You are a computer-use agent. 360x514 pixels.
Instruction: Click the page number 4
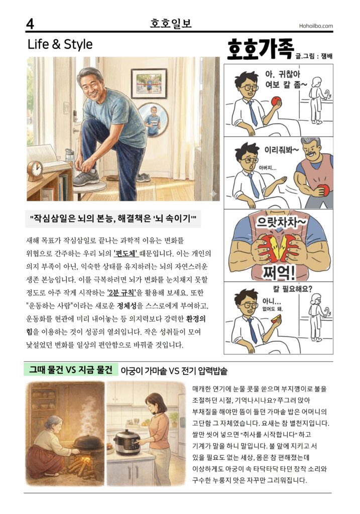click(x=30, y=24)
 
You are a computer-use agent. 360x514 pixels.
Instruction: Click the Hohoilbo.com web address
click(x=316, y=26)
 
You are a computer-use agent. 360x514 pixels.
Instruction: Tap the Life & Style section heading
click(x=60, y=44)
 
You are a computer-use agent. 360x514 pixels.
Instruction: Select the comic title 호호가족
click(x=260, y=50)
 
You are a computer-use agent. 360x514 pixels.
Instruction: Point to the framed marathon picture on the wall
click(x=149, y=84)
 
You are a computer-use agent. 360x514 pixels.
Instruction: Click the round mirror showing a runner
click(x=153, y=119)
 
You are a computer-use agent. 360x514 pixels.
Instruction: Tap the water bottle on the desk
click(x=69, y=156)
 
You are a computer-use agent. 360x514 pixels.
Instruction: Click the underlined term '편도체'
click(x=126, y=253)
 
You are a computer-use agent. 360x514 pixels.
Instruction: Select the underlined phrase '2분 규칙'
click(x=121, y=293)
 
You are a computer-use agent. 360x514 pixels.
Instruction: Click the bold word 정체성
click(x=127, y=306)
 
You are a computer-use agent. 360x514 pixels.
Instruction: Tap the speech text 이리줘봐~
click(x=281, y=150)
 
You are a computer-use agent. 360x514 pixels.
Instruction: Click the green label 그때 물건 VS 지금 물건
click(x=70, y=370)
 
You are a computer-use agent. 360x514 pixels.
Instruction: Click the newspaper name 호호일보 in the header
click(x=171, y=24)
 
